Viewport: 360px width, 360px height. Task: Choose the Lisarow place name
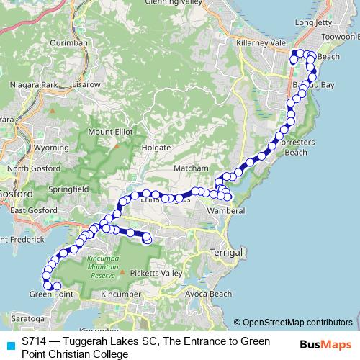click(86, 85)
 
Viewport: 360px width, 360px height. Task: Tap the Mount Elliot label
click(110, 132)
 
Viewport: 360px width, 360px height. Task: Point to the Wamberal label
click(226, 211)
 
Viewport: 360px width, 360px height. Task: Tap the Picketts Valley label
click(156, 273)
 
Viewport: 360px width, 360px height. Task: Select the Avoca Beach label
click(208, 294)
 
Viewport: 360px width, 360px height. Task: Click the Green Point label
click(51, 294)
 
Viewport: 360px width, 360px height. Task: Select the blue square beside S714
click(8, 346)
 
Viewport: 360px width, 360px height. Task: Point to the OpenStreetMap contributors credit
click(297, 323)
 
